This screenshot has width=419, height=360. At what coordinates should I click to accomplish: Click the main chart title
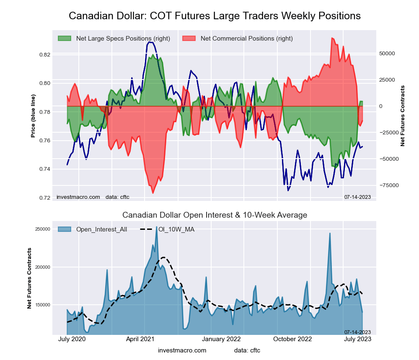tap(215, 16)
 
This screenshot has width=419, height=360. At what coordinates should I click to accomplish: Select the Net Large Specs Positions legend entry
tap(123, 39)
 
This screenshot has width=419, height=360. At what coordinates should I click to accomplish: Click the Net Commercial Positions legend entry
tap(246, 39)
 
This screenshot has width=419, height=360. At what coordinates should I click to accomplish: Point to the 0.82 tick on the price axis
tap(44, 55)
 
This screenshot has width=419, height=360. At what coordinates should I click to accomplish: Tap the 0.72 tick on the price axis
tap(44, 198)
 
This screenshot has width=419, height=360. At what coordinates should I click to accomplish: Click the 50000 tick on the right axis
tap(387, 54)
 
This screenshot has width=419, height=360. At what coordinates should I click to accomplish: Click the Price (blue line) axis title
tap(33, 116)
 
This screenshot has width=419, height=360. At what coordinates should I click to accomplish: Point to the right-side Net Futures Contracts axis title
tap(403, 116)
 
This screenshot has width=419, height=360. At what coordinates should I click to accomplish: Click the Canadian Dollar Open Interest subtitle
tap(215, 215)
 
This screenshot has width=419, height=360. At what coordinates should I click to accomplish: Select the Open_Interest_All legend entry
tap(101, 229)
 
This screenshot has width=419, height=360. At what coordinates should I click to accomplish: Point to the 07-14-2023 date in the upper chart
tap(357, 197)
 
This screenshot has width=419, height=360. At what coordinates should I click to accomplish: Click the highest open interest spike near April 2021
tap(157, 227)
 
